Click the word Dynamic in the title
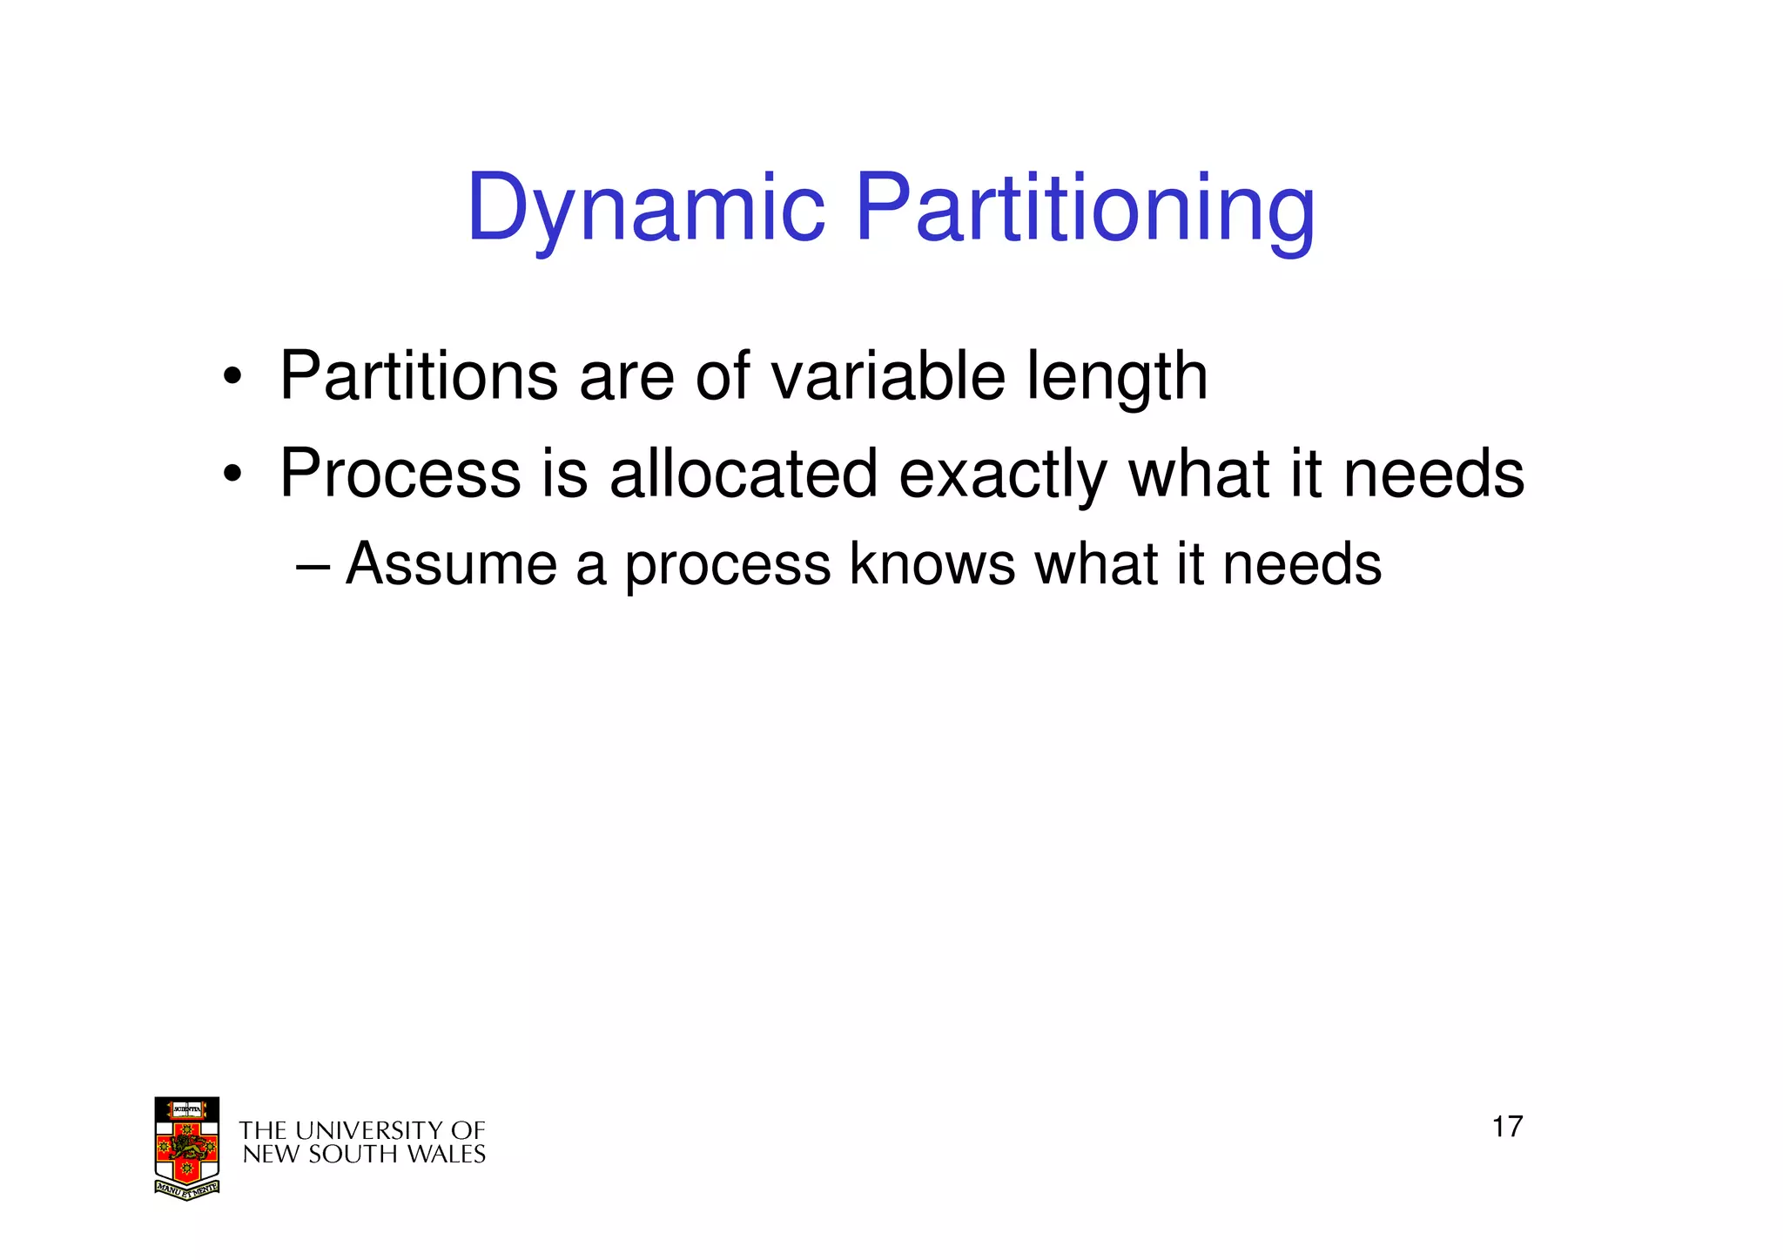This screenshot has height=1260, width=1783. click(645, 209)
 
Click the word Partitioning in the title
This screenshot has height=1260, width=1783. click(1085, 209)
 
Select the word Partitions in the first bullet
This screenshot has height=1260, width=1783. click(418, 376)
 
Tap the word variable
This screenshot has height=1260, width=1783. click(888, 376)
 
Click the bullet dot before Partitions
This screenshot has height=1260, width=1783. click(232, 378)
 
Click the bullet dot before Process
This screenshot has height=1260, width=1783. click(232, 475)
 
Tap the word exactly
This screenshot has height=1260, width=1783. click(1002, 475)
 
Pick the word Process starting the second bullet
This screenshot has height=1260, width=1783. click(400, 474)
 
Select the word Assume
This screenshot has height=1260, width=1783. click(451, 564)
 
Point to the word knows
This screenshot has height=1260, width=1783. click(932, 564)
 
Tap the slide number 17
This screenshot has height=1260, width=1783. click(1507, 1127)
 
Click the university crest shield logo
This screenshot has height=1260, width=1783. click(186, 1142)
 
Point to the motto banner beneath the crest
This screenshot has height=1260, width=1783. click(186, 1189)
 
